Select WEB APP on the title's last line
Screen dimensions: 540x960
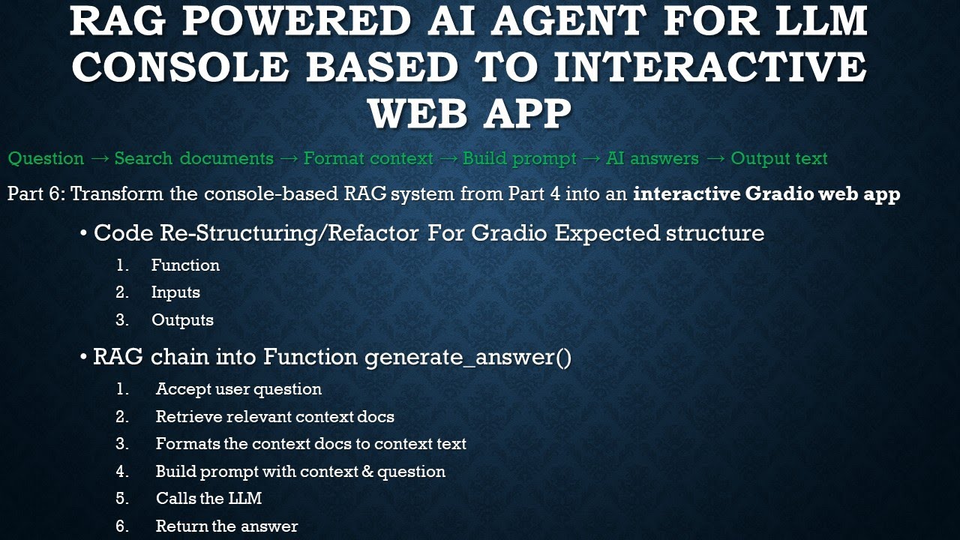469,114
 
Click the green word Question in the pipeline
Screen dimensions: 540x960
46,159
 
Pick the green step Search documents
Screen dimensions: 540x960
194,159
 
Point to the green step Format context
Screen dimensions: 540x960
368,159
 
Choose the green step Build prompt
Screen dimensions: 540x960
520,159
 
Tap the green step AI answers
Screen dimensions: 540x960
652,159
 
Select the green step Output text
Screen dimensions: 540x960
779,159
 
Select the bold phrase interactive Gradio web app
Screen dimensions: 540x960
766,194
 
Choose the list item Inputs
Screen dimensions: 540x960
175,292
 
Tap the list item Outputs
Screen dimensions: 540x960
182,320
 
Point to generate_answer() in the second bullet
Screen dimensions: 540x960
468,358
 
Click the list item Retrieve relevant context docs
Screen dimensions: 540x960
274,417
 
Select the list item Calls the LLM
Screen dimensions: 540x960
208,499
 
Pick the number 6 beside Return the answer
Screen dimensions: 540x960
121,526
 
